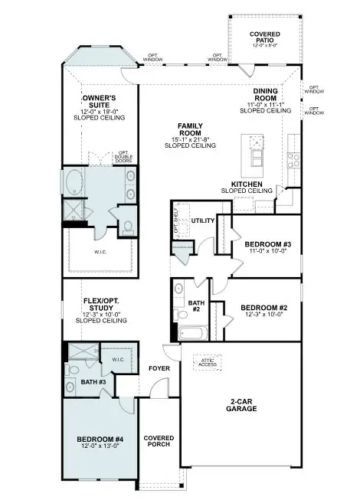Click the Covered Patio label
click(x=264, y=39)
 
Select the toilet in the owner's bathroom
click(x=127, y=227)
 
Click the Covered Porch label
click(x=159, y=443)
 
